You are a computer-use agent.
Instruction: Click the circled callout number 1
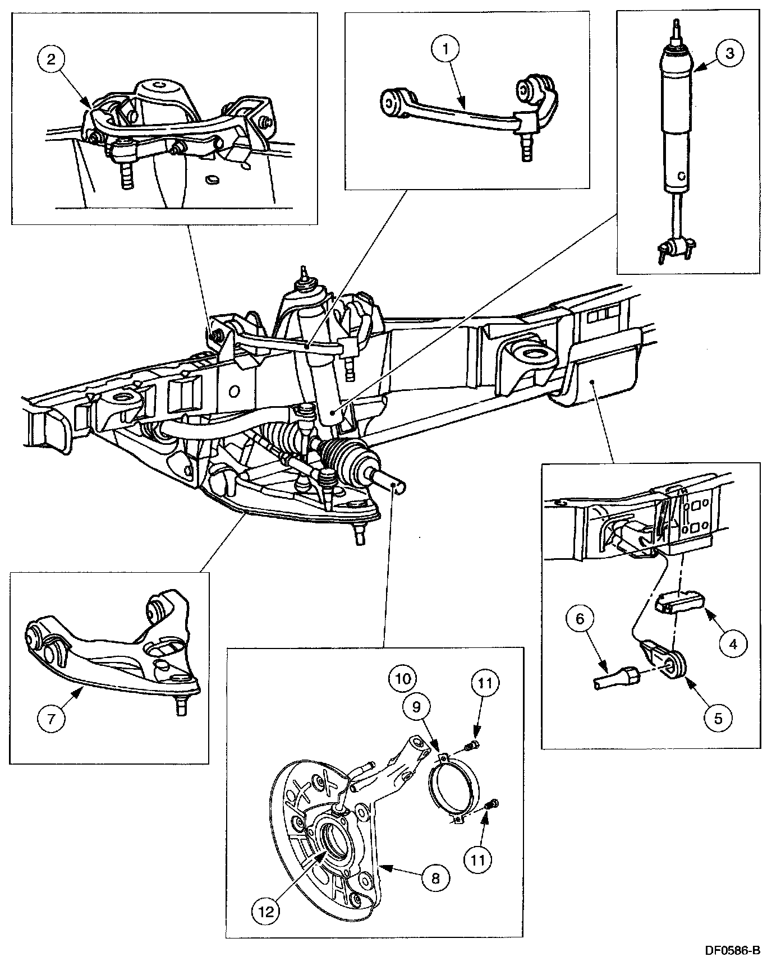446,50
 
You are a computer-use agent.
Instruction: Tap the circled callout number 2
51,60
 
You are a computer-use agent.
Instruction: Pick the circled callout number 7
51,719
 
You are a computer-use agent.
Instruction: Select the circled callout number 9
416,708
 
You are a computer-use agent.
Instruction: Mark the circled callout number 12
265,911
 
